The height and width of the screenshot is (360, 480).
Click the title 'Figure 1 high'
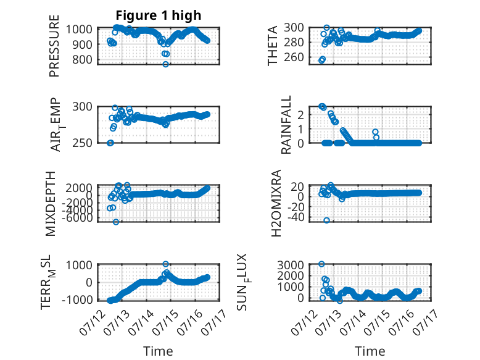point(159,15)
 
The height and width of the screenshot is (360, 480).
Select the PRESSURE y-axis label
point(54,46)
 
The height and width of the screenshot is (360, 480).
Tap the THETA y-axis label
point(272,46)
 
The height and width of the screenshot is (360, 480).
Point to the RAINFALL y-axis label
point(286,125)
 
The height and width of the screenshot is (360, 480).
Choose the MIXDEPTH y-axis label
point(50,204)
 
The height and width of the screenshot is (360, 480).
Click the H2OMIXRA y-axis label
point(276,203)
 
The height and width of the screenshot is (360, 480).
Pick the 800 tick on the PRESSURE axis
point(82,59)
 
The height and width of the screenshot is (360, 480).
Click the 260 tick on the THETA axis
point(294,57)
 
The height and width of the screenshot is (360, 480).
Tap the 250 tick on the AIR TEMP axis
point(82,143)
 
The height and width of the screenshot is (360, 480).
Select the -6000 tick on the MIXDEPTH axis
point(77,218)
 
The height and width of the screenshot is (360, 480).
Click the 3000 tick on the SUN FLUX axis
point(291,265)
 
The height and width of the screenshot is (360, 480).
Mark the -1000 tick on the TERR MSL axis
point(77,299)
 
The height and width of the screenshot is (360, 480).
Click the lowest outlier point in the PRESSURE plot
point(165,64)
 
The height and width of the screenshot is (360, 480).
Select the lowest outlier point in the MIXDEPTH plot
point(116,222)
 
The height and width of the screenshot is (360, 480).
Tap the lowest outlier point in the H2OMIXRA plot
point(326,220)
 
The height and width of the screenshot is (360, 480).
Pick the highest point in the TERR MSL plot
point(165,264)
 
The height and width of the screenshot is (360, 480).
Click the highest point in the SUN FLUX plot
point(321,264)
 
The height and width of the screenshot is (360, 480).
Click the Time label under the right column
point(370,351)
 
